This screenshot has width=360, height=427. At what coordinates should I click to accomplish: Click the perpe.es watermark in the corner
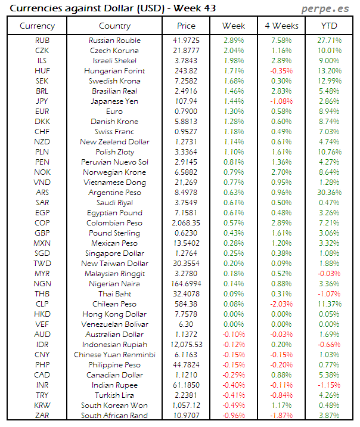pos(326,9)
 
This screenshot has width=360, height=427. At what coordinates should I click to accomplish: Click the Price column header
pos(186,26)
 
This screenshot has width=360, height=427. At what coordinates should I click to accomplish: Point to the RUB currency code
pos(42,41)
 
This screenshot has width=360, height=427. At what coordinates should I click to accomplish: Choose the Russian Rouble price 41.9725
pos(186,41)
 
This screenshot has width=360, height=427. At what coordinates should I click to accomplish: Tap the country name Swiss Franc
pos(114,132)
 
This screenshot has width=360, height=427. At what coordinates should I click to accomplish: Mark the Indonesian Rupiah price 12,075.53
pos(186,345)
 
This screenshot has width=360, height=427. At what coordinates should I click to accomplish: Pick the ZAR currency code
pos(42,416)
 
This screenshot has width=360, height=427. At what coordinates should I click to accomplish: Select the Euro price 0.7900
pos(186,112)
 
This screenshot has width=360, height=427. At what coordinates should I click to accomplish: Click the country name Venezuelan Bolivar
pos(114,324)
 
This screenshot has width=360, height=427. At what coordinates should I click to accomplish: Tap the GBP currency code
pos(42,233)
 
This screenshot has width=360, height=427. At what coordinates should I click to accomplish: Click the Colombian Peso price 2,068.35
pos(186,223)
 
